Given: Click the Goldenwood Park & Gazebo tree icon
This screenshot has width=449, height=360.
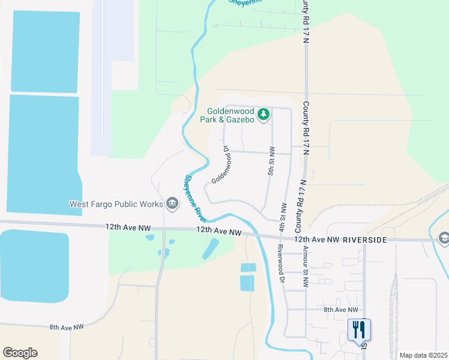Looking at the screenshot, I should tap(263, 114).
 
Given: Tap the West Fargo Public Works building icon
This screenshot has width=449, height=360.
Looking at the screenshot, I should tap(172, 204).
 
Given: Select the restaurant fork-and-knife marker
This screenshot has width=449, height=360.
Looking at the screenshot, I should tap(360, 330).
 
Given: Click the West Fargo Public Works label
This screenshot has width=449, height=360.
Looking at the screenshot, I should tap(116, 204).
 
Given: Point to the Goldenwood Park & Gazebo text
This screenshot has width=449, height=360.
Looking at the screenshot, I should tap(231, 115).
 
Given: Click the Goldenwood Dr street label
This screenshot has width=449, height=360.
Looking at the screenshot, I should tap(221, 164).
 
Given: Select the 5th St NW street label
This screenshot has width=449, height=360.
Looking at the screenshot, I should tap(271, 160).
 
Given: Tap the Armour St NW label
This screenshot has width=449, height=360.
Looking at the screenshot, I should tap(306, 266).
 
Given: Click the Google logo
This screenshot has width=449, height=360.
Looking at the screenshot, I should tap(20, 352).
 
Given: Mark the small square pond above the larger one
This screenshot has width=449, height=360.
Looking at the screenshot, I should tap(247, 268).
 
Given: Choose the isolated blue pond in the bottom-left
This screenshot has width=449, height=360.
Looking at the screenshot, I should tap(34, 265).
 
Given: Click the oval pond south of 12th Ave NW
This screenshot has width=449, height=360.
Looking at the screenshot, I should tap(211, 248).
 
